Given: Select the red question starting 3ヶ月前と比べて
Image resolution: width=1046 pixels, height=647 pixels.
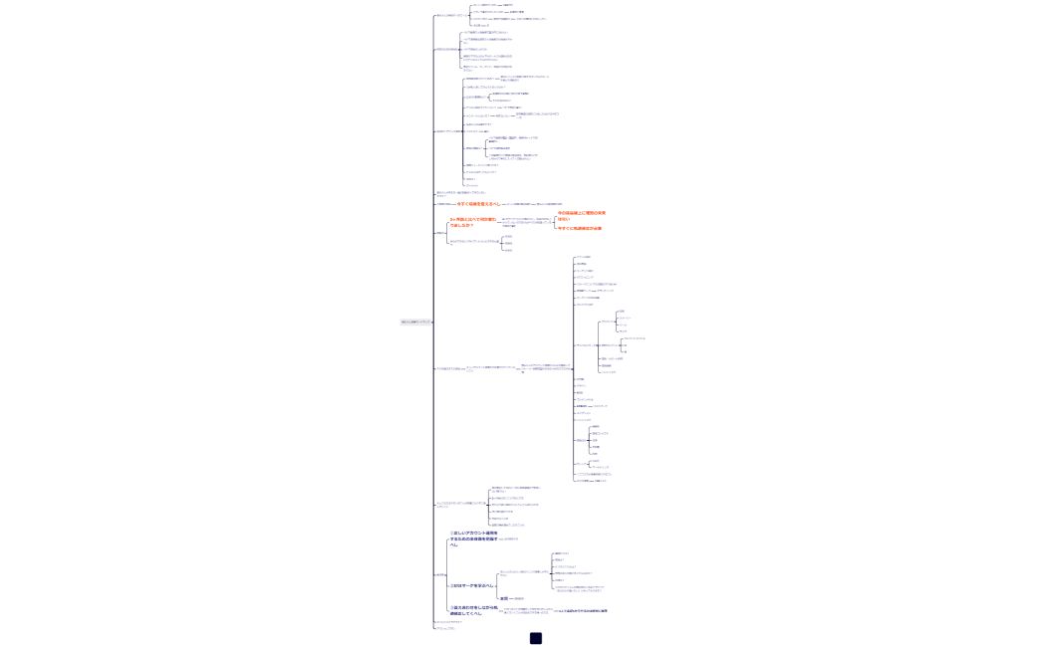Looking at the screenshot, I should pos(472,221).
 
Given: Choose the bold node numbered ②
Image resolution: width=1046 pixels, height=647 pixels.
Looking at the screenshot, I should pos(471,585).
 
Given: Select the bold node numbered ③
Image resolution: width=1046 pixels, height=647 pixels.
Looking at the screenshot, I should pos(467,610).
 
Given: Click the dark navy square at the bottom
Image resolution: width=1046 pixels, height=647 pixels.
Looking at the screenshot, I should pos(535,638).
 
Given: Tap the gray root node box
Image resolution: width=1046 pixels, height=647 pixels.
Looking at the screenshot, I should pos(415,322).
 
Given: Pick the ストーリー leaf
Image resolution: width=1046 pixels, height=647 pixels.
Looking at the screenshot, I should pos(625,318).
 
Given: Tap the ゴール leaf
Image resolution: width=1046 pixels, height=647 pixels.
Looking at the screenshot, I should pos(623,324).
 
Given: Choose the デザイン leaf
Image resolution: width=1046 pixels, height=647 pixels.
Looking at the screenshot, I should pos(622,331).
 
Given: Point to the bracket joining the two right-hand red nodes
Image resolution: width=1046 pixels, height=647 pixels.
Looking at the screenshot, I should pos(554,221).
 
